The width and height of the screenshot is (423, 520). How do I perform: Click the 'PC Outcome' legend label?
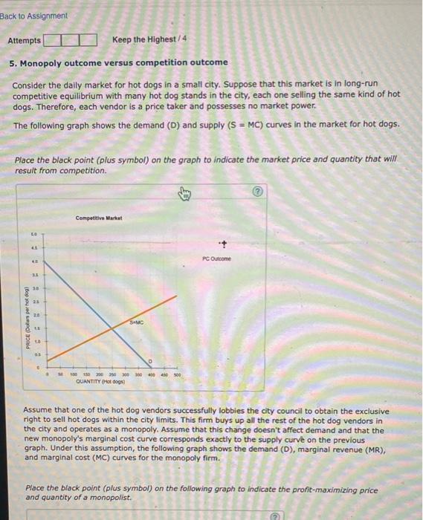[216, 259]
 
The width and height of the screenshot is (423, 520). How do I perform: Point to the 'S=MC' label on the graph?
[135, 321]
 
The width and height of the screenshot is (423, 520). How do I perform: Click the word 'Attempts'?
[25, 39]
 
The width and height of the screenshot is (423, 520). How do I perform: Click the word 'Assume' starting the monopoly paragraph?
[38, 411]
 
